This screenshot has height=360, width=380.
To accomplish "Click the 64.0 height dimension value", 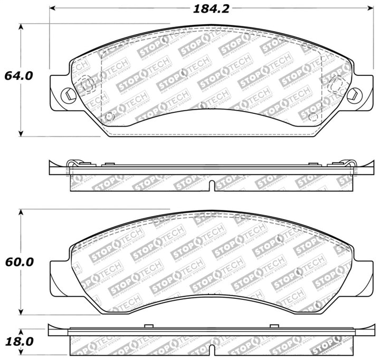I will tap(18, 75).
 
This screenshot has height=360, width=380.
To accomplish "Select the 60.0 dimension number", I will tap(18, 261).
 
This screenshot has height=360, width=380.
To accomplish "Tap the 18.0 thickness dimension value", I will tap(18, 342).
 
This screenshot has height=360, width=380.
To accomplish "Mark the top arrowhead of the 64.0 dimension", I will tap(21, 26).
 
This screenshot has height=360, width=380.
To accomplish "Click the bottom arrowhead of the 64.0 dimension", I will tap(21, 132).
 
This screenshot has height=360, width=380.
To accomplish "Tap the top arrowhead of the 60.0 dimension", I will tap(21, 212).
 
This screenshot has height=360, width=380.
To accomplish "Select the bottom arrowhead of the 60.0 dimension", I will tap(21, 312).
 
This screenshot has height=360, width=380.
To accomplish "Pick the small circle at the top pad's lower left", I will tap(109, 116).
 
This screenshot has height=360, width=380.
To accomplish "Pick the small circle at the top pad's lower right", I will tap(312, 115).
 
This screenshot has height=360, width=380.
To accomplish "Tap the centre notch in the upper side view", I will tap(211, 185).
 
